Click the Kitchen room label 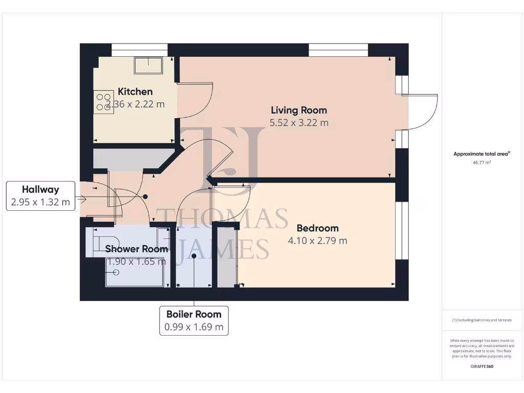pos(135,92)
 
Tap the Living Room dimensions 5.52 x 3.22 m pos(299,123)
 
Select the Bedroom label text pos(317,228)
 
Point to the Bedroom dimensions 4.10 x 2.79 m pos(317,241)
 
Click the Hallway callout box pos(40,195)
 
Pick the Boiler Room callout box pos(193,320)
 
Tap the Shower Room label pos(136,249)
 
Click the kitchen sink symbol pos(148,65)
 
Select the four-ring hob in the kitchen pos(103,101)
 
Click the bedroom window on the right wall pos(402,230)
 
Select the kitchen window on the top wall pos(140,50)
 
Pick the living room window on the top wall pos(338,50)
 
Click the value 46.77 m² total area pos(481,162)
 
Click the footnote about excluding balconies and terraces pos(482,320)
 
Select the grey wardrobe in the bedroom pos(226,256)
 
